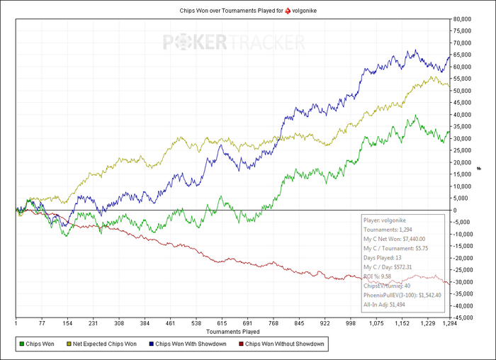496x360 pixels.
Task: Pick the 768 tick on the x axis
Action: point(273,323)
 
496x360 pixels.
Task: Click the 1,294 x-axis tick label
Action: point(448,323)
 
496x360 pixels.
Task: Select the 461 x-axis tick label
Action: point(171,323)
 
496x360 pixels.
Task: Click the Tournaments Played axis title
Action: point(232,331)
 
